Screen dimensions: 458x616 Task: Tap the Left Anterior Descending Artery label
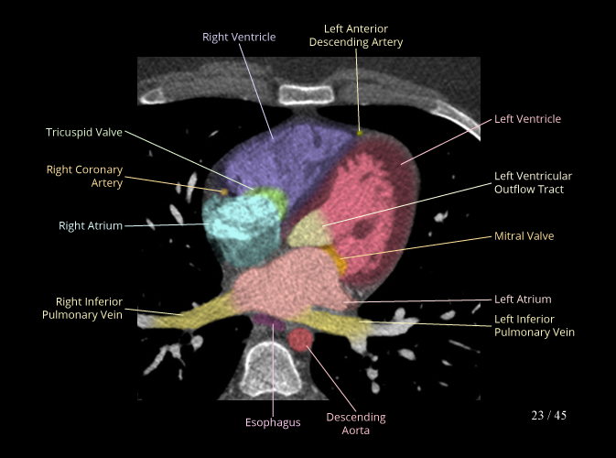pos(356,36)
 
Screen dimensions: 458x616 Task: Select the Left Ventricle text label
pos(527,119)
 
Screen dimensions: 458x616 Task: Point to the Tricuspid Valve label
pos(84,133)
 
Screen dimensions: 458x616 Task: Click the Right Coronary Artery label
pos(84,176)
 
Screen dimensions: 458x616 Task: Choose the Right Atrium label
pos(91,225)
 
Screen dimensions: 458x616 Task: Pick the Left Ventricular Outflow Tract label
pos(533,182)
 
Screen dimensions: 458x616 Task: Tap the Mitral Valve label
pos(524,235)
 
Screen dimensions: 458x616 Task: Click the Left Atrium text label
pos(523,299)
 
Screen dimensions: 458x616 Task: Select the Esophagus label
pos(272,422)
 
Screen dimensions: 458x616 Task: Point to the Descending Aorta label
pos(356,423)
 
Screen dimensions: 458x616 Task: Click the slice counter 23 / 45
pos(548,415)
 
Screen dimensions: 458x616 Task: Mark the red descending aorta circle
pos(300,341)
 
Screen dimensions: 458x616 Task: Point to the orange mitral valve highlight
pos(342,267)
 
